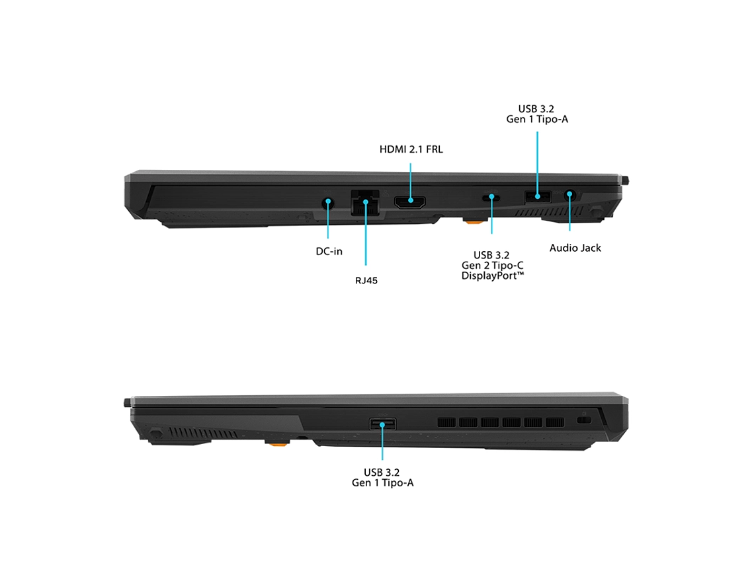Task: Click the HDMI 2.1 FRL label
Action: pos(411,149)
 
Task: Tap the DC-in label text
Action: pos(329,251)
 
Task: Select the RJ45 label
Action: pos(366,281)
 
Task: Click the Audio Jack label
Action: pos(575,248)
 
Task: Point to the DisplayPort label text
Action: pos(492,276)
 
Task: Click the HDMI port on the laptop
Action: pos(409,202)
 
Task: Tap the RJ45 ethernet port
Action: pos(366,203)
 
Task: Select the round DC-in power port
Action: pos(328,202)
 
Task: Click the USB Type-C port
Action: pos(491,198)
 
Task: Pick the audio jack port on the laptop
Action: pos(570,195)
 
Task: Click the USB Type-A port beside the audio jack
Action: pos(538,196)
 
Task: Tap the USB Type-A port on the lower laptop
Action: pos(383,424)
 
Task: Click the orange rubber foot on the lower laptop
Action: pos(277,443)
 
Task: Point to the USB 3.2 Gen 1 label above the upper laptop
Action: pos(537,114)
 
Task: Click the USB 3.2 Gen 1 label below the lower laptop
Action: pos(383,478)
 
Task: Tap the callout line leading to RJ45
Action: pos(366,233)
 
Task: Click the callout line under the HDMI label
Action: pos(410,182)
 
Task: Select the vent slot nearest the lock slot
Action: pos(555,422)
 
